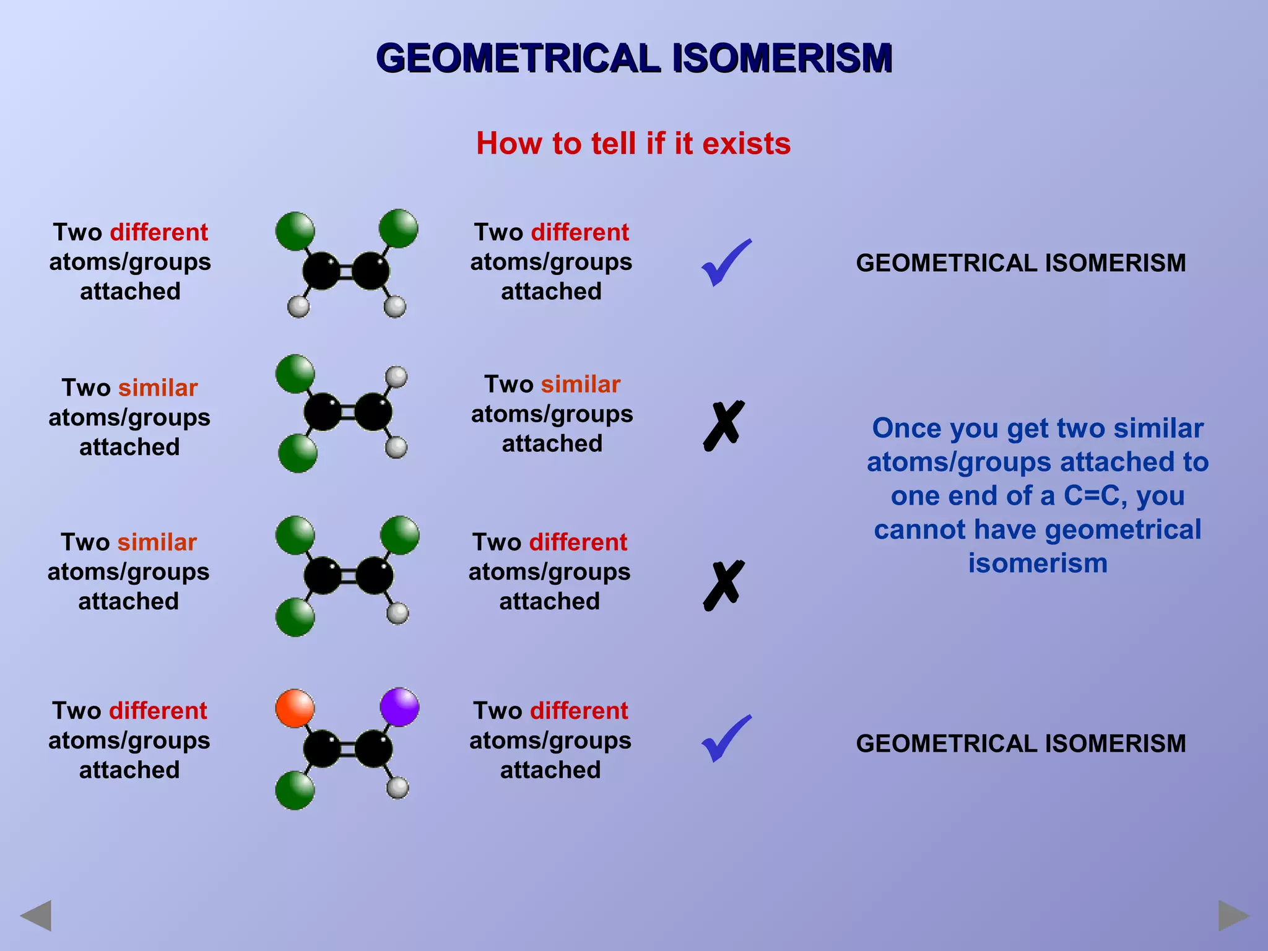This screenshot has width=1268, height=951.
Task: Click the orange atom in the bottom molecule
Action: (x=295, y=708)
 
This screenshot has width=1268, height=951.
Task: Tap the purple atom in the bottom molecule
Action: (x=399, y=706)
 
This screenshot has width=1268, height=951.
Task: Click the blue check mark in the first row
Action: (x=726, y=263)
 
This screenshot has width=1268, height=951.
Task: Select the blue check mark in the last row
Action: (x=726, y=739)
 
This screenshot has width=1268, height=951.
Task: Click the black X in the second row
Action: (x=723, y=425)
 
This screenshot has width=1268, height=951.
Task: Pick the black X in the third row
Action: (x=723, y=586)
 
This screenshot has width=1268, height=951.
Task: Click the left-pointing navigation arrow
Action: (x=36, y=915)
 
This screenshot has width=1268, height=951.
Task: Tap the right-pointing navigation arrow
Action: (x=1233, y=915)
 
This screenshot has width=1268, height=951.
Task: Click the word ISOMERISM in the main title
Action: (x=782, y=58)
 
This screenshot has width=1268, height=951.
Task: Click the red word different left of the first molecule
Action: (x=158, y=232)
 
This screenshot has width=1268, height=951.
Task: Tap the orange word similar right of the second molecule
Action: (x=580, y=384)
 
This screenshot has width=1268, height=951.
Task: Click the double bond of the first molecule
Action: (x=346, y=271)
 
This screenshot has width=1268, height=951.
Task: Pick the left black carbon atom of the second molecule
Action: (x=323, y=412)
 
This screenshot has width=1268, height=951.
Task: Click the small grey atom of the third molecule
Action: (x=397, y=613)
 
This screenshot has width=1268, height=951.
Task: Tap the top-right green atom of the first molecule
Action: (x=398, y=228)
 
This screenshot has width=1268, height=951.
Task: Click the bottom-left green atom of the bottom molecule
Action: (x=295, y=790)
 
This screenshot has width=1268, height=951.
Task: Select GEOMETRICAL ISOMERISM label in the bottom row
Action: (x=1020, y=744)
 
